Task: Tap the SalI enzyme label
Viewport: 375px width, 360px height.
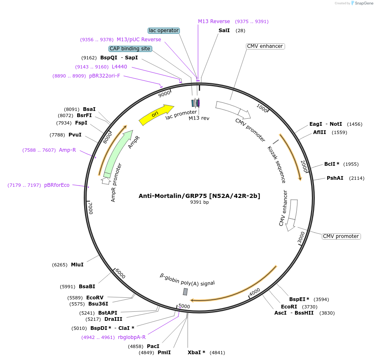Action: [x=224, y=31]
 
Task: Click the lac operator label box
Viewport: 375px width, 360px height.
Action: [x=164, y=31]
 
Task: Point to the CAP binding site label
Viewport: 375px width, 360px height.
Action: [x=130, y=49]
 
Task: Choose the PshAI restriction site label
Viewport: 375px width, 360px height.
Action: [x=335, y=178]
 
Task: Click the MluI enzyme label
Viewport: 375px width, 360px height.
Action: [x=77, y=265]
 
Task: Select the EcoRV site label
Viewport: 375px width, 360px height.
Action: [x=95, y=297]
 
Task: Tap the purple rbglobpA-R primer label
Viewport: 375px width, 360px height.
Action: [x=132, y=337]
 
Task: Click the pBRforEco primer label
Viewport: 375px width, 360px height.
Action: [x=57, y=185]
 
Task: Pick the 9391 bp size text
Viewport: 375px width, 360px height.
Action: [x=199, y=202]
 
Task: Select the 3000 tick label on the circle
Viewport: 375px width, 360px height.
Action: [x=302, y=237]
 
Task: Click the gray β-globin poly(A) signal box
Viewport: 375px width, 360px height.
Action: [x=185, y=292]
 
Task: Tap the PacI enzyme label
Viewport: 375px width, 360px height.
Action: [x=153, y=346]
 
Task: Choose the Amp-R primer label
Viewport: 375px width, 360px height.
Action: [x=67, y=150]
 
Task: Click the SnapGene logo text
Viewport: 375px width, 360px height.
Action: [x=363, y=3]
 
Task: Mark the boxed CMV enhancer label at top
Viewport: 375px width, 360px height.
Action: [x=264, y=46]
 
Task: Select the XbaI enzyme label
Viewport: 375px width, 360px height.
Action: [x=196, y=353]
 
